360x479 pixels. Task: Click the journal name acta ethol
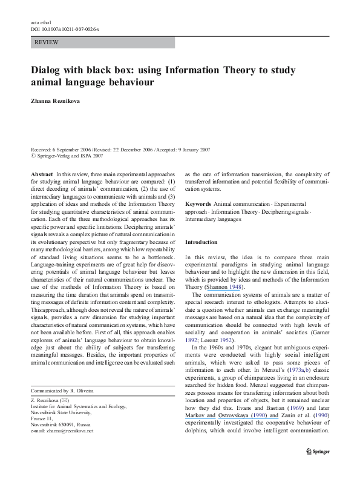38,22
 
